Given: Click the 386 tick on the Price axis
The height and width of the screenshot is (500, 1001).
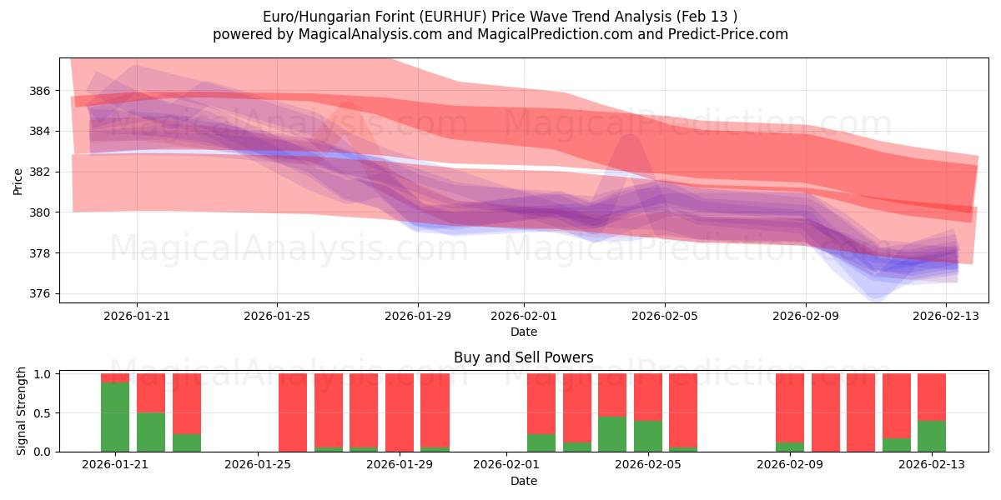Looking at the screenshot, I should (x=41, y=90).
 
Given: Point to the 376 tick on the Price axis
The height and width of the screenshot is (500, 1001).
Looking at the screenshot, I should (x=41, y=294).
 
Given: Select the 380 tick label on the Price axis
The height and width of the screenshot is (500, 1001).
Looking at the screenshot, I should (x=41, y=212).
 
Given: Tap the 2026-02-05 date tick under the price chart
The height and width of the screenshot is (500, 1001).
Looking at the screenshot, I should (x=665, y=316).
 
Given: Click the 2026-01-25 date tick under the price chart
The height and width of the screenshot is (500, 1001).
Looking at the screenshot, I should (x=277, y=316).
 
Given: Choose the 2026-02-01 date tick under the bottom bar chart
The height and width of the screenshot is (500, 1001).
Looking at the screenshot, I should (x=506, y=465).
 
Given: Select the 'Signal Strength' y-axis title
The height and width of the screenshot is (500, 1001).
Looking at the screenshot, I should (x=23, y=411).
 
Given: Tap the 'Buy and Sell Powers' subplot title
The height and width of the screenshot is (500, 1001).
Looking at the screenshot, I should (x=523, y=357).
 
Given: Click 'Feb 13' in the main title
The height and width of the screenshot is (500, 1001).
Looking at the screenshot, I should (x=713, y=17).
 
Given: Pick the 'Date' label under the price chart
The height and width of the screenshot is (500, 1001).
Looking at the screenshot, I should (x=523, y=332).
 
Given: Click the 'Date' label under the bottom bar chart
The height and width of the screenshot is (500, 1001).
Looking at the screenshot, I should (x=523, y=481).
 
